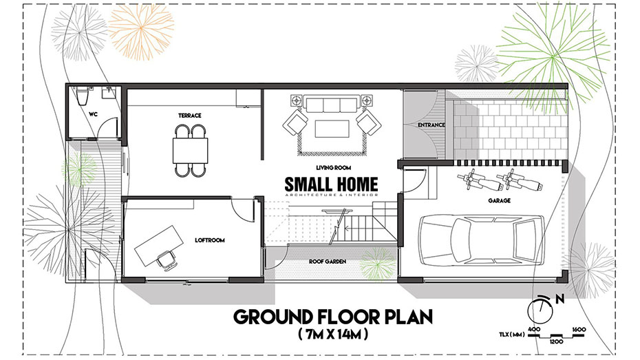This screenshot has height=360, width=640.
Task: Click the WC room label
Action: [93, 115]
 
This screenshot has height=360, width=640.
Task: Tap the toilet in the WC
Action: [82, 97]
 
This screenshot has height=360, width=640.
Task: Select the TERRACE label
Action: [190, 116]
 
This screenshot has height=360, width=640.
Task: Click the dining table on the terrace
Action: [190, 151]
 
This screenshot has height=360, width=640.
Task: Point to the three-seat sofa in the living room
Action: [332, 104]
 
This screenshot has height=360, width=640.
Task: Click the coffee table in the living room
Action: [332, 129]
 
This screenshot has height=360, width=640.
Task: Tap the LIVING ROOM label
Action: [334, 167]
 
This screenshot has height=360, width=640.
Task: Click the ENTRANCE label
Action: [431, 125]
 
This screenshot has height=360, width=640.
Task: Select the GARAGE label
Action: [499, 201]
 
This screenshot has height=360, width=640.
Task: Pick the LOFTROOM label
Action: [210, 240]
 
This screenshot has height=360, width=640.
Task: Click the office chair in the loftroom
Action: [166, 260]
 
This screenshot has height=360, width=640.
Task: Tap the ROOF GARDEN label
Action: [328, 262]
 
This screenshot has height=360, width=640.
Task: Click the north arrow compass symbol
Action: [541, 309]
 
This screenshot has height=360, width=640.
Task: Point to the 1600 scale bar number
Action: [579, 330]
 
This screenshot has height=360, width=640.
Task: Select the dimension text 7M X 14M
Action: [333, 335]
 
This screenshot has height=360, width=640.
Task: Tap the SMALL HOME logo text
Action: [331, 184]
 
